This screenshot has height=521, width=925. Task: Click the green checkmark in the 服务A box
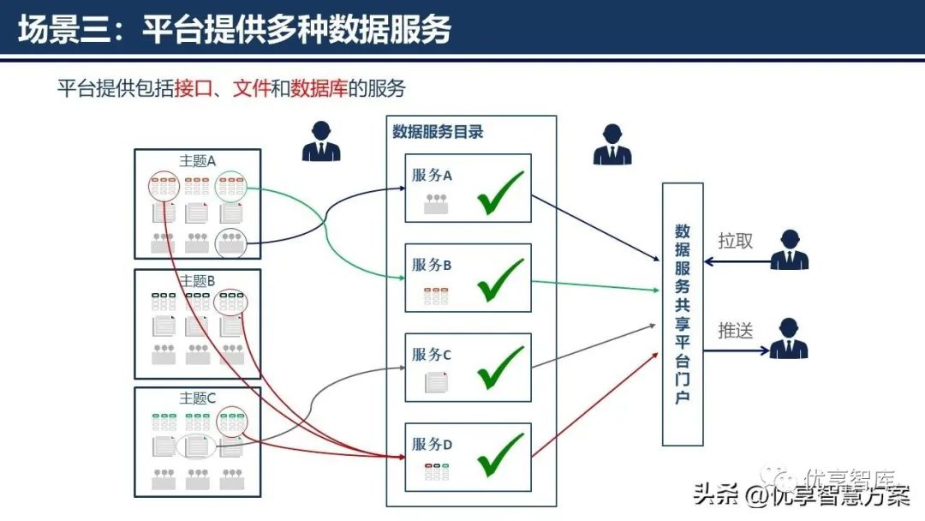501,194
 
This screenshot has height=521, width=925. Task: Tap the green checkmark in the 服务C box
501,368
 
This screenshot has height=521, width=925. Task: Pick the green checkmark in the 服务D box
501,455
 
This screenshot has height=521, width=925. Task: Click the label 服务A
432,176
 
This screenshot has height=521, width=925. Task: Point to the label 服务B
432,265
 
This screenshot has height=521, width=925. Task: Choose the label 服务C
432,355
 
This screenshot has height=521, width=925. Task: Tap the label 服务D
432,444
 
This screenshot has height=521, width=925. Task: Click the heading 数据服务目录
438,132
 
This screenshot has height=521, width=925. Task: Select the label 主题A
197,160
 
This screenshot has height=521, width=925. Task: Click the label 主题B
197,280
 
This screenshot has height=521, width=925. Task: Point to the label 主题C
197,398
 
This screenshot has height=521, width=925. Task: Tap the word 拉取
735,241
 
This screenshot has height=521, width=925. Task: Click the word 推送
735,330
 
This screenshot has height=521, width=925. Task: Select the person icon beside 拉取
788,250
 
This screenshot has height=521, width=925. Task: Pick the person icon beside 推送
788,338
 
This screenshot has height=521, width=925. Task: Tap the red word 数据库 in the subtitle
319,88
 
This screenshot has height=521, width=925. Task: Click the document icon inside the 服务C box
437,381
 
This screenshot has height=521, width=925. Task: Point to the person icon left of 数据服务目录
320,141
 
